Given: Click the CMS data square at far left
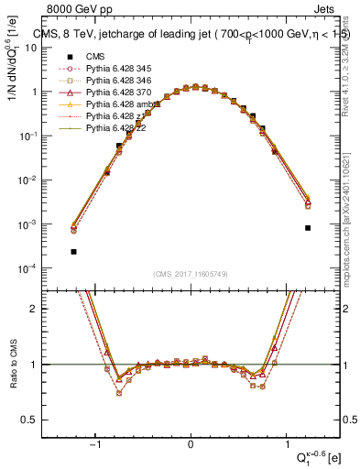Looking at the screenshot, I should tap(73, 251).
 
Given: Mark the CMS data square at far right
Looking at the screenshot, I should tap(308, 228).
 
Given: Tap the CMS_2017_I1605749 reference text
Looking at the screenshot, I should tap(191, 274).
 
